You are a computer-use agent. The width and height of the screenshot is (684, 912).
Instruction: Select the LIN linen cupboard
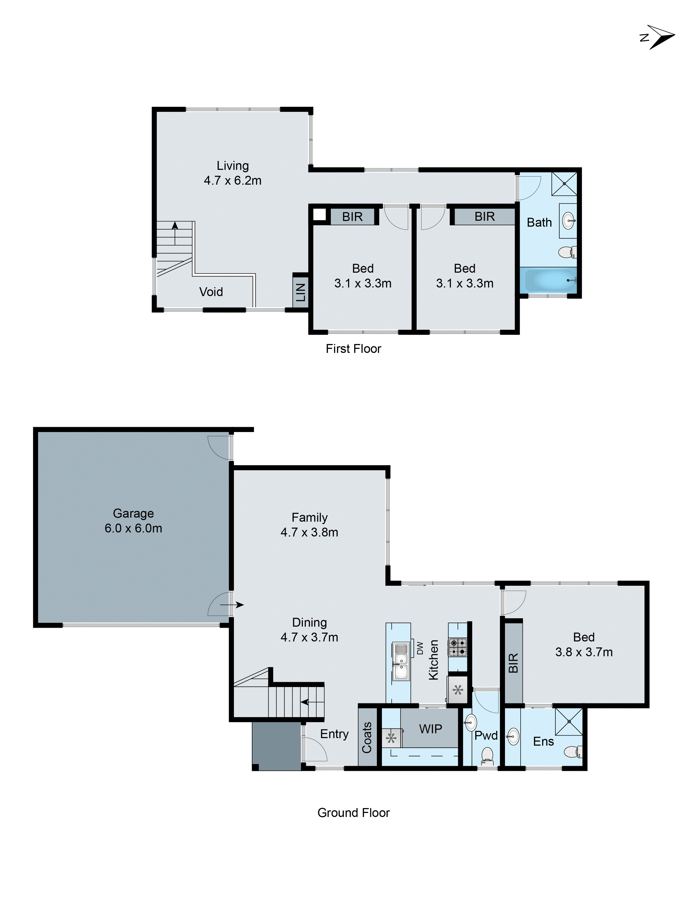[x=301, y=292]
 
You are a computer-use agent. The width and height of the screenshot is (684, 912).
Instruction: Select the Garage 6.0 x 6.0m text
[x=133, y=528]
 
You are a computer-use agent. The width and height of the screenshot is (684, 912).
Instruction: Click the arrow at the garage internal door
[x=232, y=605]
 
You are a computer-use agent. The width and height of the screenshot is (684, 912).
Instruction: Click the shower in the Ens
[x=569, y=722]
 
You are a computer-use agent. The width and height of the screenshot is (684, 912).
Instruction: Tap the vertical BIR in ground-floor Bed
[x=513, y=663]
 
